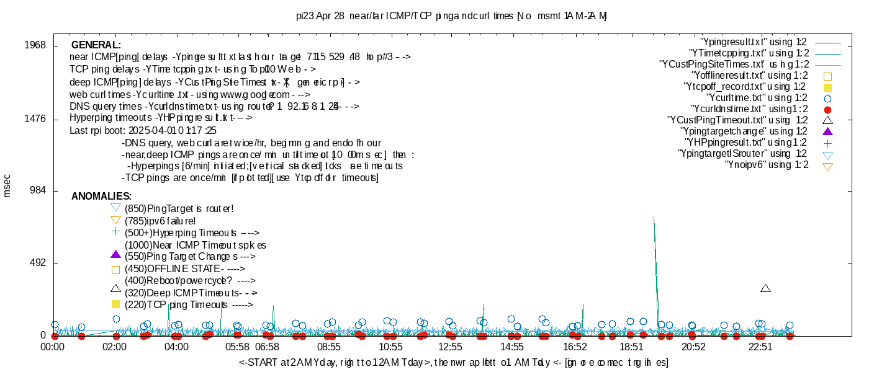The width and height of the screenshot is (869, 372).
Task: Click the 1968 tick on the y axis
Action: tap(35, 45)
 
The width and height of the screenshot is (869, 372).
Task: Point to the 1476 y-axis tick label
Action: tap(35, 118)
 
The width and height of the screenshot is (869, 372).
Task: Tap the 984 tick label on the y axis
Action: tap(38, 191)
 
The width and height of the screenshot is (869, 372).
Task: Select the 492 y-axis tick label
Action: tap(38, 263)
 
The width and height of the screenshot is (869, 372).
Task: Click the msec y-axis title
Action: tap(7, 185)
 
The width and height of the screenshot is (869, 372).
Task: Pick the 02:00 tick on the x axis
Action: tap(115, 347)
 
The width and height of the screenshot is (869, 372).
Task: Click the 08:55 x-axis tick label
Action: tap(329, 347)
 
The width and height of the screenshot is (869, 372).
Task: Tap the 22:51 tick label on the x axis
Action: tap(760, 347)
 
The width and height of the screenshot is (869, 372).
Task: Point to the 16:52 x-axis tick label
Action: tap(575, 347)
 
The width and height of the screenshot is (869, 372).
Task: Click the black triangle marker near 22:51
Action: tap(765, 288)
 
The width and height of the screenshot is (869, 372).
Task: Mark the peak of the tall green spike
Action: tap(654, 217)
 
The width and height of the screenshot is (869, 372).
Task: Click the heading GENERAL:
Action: tap(96, 45)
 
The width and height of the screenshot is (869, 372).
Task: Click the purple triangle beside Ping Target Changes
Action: tap(115, 254)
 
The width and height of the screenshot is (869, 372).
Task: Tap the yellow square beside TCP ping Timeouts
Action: tap(115, 304)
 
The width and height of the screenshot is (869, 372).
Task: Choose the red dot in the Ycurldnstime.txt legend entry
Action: tap(827, 109)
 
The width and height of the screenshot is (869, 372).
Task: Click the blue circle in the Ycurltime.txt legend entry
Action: tap(827, 98)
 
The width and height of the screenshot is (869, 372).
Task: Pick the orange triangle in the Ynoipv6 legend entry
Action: tap(827, 166)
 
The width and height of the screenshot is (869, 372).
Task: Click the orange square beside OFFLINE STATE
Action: tap(115, 270)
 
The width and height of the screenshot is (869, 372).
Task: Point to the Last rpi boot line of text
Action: tap(143, 131)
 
